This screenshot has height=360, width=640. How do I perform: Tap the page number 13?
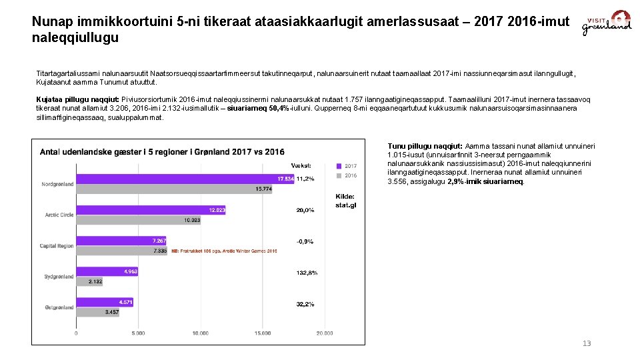click(x=587, y=343)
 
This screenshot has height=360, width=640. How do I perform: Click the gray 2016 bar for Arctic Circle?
click(x=139, y=220)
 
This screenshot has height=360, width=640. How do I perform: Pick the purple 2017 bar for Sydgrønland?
click(x=107, y=271)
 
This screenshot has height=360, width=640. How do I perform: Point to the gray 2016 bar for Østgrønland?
click(x=97, y=312)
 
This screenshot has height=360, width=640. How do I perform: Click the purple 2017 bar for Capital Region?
click(x=121, y=240)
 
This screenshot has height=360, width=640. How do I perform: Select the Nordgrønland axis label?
click(x=57, y=184)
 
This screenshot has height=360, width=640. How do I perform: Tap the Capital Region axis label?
click(x=57, y=246)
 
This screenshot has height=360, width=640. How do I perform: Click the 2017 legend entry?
click(x=347, y=166)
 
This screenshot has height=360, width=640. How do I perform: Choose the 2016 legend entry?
click(x=347, y=175)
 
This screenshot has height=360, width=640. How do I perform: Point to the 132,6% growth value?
click(x=307, y=273)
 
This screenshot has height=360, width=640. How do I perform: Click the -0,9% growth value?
click(x=305, y=241)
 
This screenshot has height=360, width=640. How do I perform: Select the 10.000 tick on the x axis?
click(x=200, y=333)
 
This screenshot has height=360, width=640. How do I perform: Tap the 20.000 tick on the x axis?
click(x=325, y=333)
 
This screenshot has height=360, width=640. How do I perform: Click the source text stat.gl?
click(x=345, y=205)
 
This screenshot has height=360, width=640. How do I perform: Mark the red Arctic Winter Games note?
click(x=224, y=251)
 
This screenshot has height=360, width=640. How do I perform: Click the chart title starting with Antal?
click(x=162, y=152)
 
